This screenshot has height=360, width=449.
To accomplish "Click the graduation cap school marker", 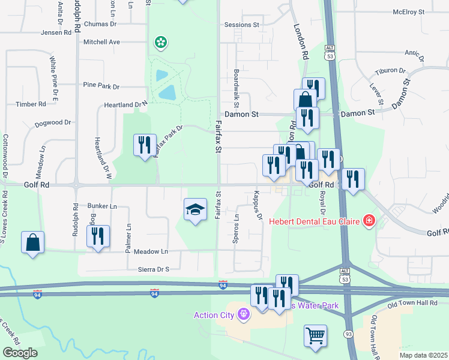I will (x=194, y=210).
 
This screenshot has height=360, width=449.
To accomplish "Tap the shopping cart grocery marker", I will (x=315, y=336).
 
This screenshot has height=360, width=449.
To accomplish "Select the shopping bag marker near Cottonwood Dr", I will (x=33, y=243).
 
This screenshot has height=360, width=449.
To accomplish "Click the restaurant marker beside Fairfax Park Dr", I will (x=145, y=145).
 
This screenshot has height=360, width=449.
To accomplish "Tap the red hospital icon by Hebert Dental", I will (x=369, y=221).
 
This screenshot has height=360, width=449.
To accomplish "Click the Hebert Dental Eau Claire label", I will (x=315, y=221).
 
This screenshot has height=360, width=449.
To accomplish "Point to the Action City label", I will (x=215, y=314).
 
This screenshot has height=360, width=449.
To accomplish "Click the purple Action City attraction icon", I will (x=243, y=313).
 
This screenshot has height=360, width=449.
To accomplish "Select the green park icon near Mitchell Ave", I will (x=160, y=42).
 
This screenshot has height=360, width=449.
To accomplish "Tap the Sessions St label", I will (x=241, y=25).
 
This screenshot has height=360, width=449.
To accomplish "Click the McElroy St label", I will (x=408, y=11).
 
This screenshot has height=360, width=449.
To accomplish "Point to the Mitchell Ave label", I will (x=102, y=42).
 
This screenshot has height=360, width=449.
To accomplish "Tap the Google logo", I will (x=20, y=353).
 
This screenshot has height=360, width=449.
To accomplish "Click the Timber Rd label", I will (x=31, y=104).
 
